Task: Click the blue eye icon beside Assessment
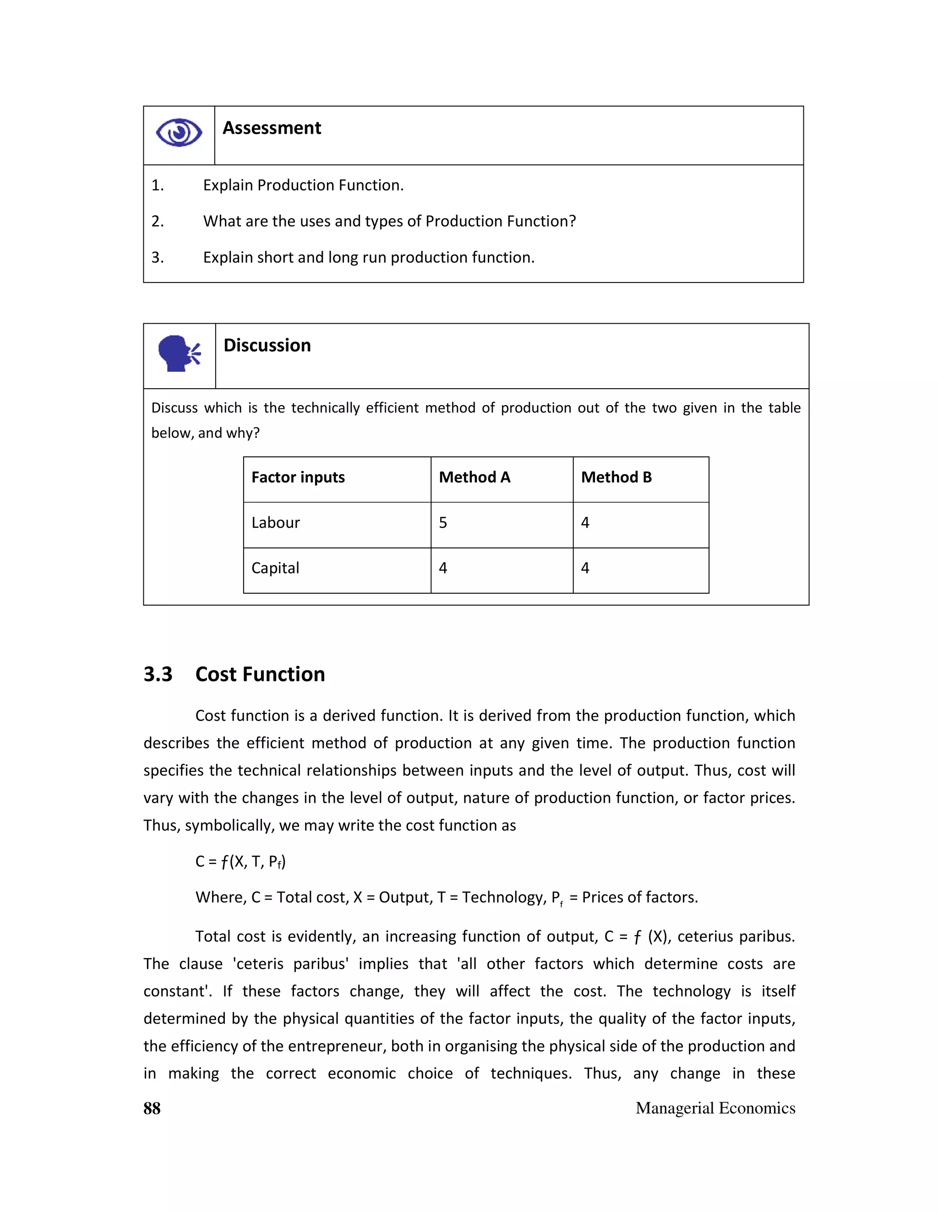point(179,133)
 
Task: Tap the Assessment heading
point(272,128)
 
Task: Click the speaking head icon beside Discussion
point(179,353)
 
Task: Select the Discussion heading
point(267,346)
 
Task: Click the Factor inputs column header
point(298,477)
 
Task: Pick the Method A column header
point(474,477)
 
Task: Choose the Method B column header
point(616,477)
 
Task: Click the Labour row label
point(276,523)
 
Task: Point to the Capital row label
point(275,568)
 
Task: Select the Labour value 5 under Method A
point(443,523)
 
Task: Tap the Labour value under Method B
point(585,523)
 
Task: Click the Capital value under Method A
point(443,568)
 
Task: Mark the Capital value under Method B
point(585,568)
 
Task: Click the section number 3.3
point(158,674)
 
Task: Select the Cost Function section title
point(260,674)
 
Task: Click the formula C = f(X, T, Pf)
point(240,861)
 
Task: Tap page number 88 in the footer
point(152,1108)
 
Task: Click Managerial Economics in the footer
point(715,1108)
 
